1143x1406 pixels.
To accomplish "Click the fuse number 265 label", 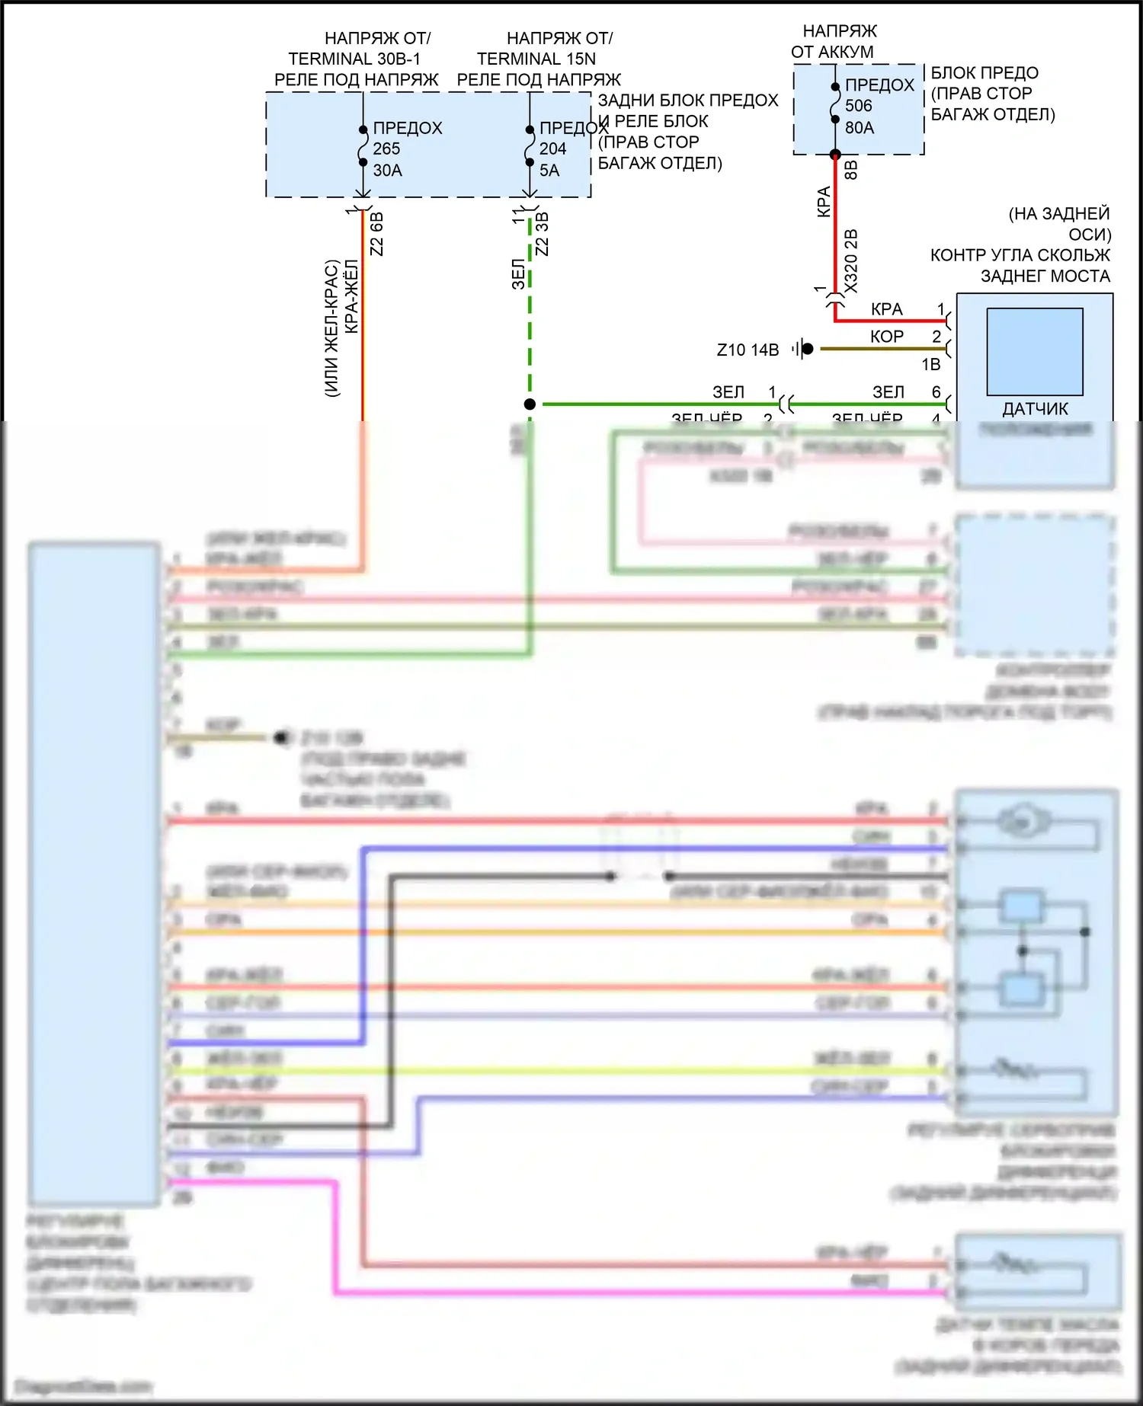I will point(386,149).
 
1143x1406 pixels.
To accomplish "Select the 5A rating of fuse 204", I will point(549,171).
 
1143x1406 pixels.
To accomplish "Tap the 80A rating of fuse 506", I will point(860,128).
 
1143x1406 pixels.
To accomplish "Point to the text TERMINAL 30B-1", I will point(354,59).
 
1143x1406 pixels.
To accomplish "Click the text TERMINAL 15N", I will point(536,59).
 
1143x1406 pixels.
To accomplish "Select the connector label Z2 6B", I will point(376,234).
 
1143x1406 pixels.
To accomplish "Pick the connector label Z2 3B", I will point(543,234).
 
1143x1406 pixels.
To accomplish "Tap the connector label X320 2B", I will point(851,260).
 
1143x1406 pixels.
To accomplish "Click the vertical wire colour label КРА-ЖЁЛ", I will point(351,296).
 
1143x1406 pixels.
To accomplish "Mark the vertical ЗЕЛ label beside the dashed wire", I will point(518,274).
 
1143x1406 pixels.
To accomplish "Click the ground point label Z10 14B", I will point(748,350).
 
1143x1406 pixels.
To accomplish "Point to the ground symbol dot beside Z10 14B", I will point(808,349).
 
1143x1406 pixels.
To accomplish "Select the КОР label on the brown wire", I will point(887,337).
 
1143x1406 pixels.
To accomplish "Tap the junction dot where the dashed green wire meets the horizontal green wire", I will point(530,404).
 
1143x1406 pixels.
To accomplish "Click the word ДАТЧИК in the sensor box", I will point(1035,409).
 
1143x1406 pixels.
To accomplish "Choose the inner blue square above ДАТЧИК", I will point(1035,351).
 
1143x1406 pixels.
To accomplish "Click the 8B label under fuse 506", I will point(851,170).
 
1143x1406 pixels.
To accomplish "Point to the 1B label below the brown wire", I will point(931,365).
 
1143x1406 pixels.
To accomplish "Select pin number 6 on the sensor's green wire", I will point(936,392).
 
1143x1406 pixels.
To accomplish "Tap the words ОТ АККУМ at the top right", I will point(832,52).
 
